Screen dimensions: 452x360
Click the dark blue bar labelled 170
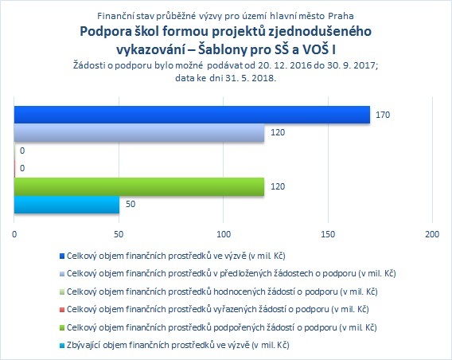[x=192, y=115]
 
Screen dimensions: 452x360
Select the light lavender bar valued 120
[x=139, y=133]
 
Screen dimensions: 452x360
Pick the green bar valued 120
[x=139, y=186]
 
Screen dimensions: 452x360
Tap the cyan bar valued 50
[x=67, y=205]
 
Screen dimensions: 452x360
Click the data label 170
[x=383, y=115]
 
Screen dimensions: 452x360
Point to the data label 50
[x=131, y=204]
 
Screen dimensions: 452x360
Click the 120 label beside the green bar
[x=278, y=186]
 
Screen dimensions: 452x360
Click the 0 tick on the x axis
[x=14, y=234]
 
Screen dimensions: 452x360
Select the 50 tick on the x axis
[x=119, y=234]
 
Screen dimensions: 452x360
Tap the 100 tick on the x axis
[x=224, y=234]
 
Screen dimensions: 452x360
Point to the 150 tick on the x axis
[x=329, y=234]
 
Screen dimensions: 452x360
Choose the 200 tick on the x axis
[x=432, y=234]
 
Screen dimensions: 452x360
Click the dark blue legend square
[x=62, y=256]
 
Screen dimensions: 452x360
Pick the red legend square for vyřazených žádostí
[x=62, y=310]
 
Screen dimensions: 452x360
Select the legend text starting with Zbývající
[x=178, y=346]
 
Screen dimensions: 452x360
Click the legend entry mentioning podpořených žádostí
[x=222, y=327]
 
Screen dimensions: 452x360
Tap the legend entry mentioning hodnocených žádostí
[x=222, y=292]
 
